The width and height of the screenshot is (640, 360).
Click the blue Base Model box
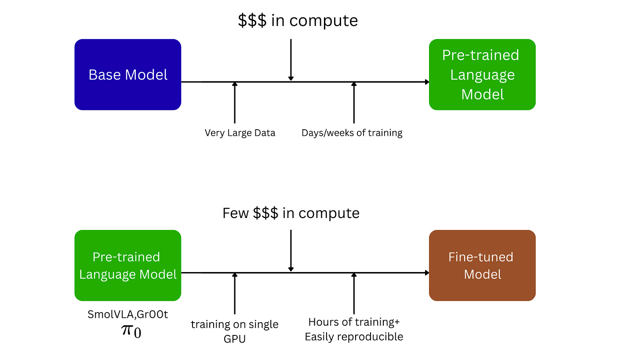(127, 74)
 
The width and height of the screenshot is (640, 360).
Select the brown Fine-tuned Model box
(482, 265)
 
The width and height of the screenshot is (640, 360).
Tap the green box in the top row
(482, 74)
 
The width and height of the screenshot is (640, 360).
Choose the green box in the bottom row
(127, 265)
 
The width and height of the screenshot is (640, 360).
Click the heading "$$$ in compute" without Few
(298, 21)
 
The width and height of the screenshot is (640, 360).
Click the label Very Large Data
(240, 133)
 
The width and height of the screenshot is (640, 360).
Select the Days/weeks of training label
(352, 133)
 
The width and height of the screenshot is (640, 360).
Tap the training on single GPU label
(234, 325)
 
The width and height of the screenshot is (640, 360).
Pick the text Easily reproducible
(354, 337)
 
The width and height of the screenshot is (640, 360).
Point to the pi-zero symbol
(131, 330)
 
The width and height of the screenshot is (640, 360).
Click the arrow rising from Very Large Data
(234, 103)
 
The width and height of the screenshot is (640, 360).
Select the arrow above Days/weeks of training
(354, 103)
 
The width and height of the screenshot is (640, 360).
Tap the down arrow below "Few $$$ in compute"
(291, 251)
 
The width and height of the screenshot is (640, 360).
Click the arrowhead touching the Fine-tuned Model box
(426, 273)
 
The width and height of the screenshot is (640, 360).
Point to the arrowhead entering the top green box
(426, 82)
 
